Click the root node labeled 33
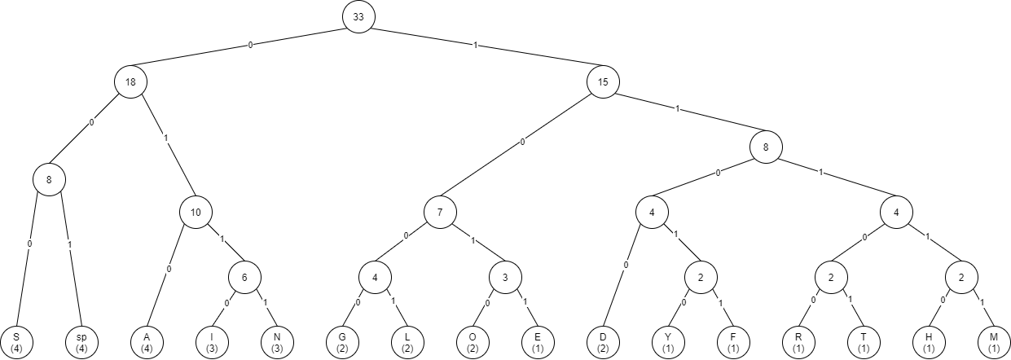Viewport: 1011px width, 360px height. point(358,17)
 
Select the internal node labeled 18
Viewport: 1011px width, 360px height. point(130,81)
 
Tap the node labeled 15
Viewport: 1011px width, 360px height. point(603,81)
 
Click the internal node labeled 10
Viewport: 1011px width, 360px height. point(196,212)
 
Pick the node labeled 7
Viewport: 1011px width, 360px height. point(440,212)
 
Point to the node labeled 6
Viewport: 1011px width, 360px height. point(244,277)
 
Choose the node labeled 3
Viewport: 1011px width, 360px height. point(505,277)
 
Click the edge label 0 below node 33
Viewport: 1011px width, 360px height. point(250,46)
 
